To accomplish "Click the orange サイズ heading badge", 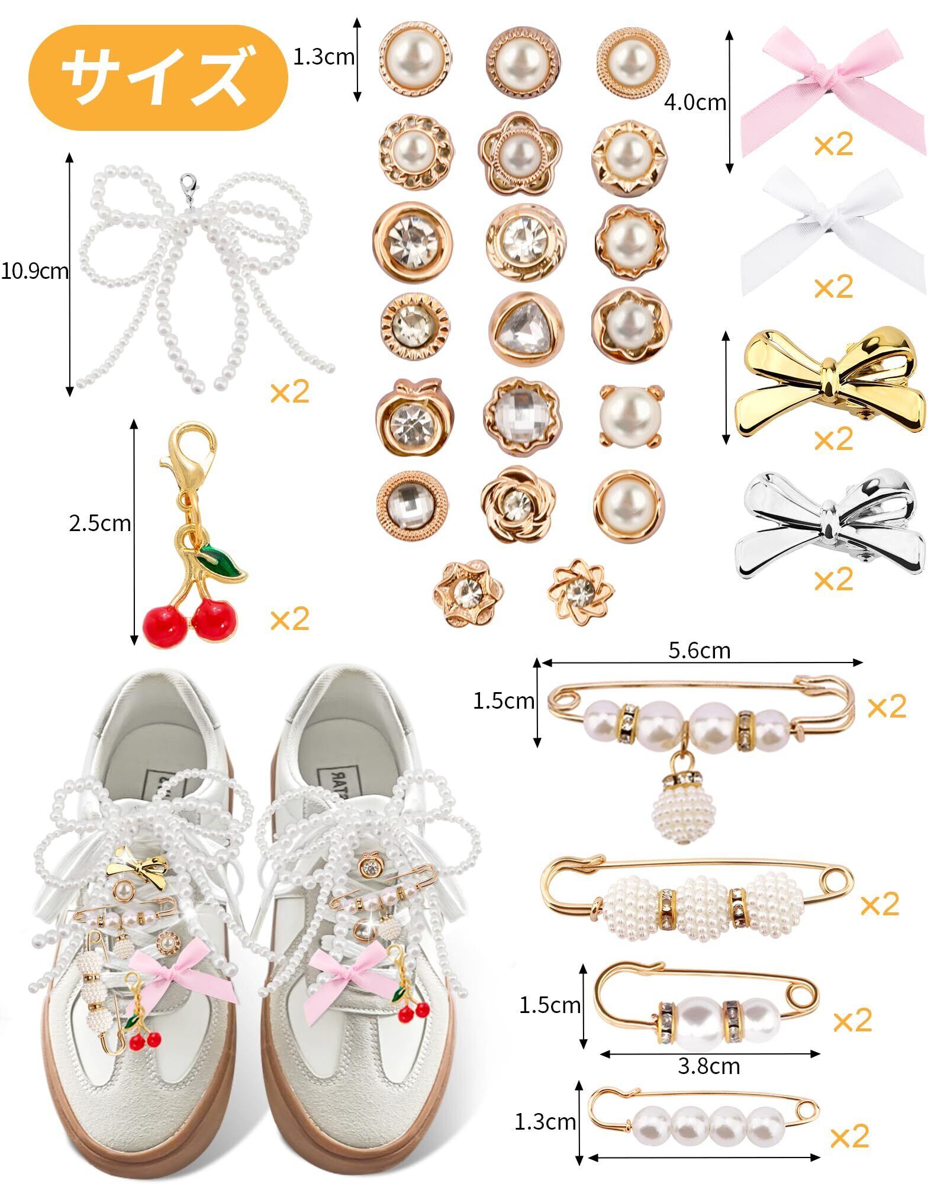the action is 157,78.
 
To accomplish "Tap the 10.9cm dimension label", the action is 34,272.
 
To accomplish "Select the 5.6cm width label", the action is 699,651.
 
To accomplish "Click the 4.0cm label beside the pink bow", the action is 694,102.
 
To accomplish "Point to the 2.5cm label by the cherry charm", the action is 99,523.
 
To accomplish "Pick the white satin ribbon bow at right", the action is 832,231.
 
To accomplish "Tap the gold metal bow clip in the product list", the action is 829,385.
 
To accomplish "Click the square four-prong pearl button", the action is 631,414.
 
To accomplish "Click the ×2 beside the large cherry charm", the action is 289,619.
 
